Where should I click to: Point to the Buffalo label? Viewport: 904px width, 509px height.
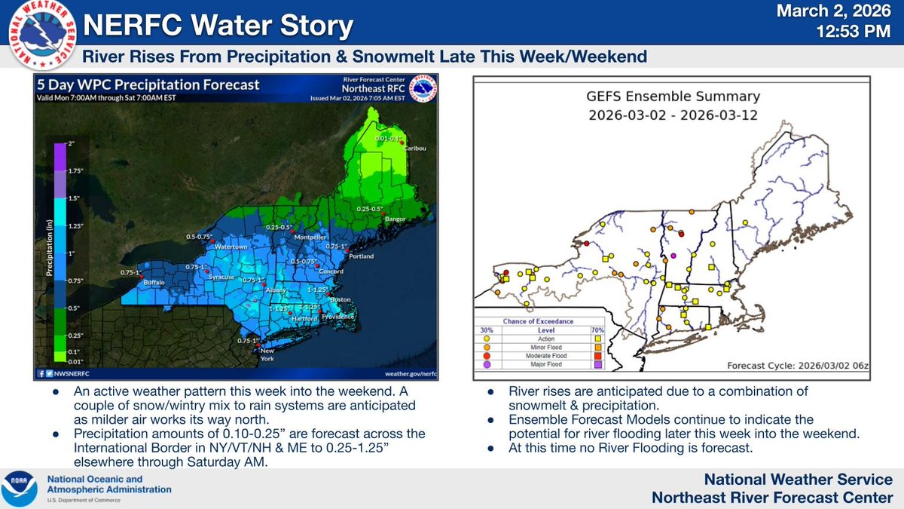coord(154,283)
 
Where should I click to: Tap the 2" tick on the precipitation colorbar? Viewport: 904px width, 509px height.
coord(72,143)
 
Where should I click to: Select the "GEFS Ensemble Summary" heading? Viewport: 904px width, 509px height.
coord(673,97)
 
